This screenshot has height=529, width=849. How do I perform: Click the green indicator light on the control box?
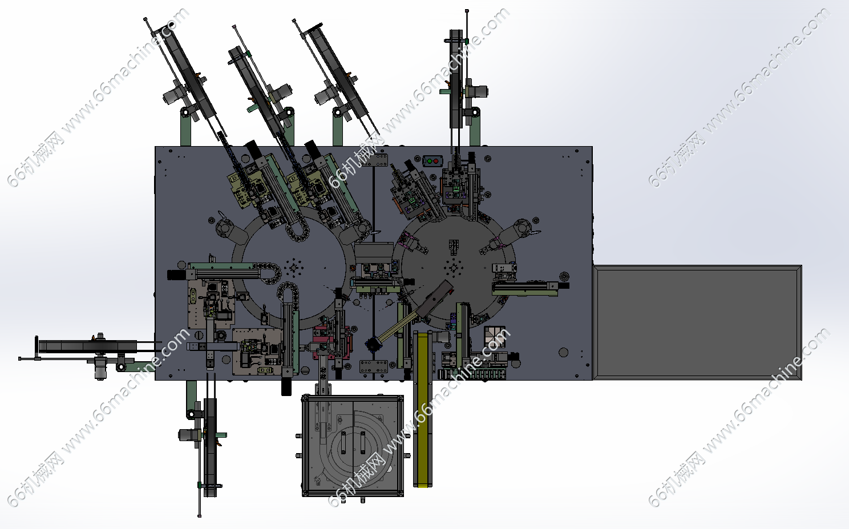click(x=429, y=161)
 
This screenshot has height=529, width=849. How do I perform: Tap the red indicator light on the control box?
click(x=436, y=161)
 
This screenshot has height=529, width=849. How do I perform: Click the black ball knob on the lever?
click(x=373, y=345)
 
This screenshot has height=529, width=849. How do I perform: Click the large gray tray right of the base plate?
click(x=697, y=322)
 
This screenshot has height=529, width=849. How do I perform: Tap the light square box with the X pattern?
click(x=495, y=336)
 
